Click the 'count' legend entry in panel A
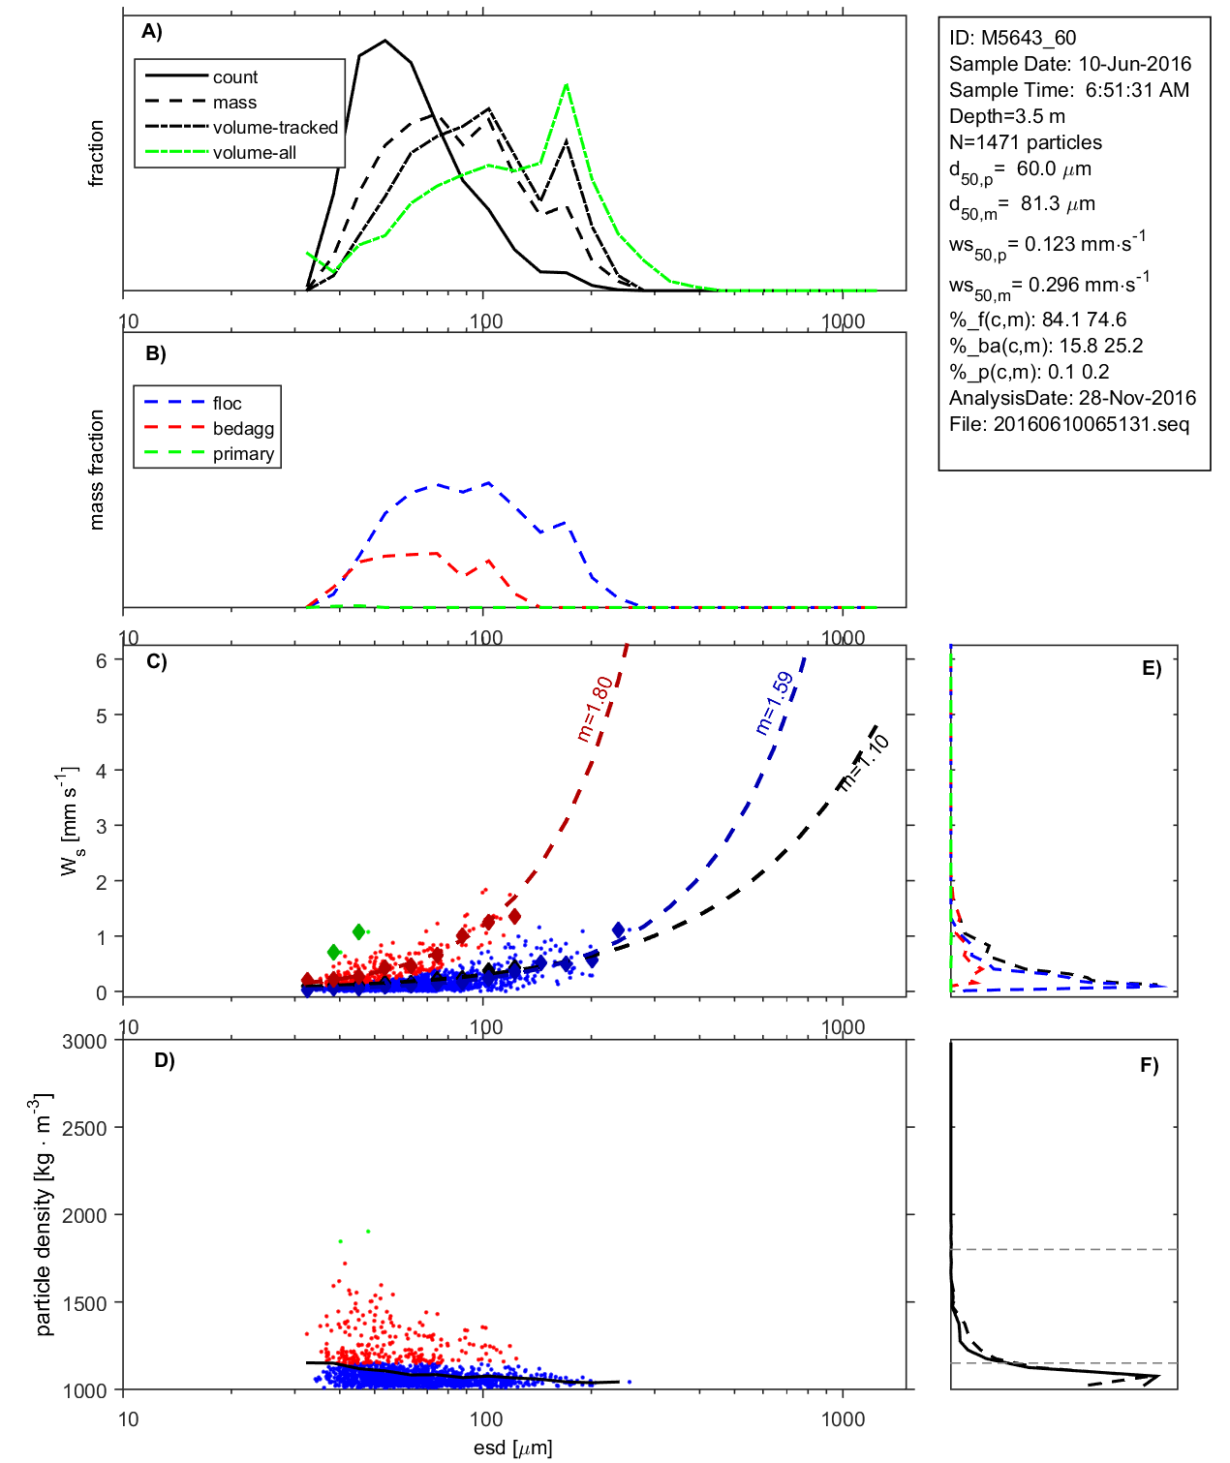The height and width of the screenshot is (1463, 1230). pos(235,76)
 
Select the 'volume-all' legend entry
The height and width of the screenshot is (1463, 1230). pos(254,152)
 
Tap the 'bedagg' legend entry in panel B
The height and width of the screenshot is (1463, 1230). pos(243,428)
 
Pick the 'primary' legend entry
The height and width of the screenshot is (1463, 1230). pos(243,453)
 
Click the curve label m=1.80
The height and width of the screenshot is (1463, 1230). pos(595,709)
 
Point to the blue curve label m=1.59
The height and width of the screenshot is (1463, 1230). pos(775,703)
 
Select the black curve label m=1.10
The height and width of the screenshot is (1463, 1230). pos(864,763)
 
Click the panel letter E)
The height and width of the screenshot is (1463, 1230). pos(1151,668)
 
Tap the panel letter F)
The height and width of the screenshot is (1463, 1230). pos(1149,1065)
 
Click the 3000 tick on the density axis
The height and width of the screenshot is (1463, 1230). pos(84,1042)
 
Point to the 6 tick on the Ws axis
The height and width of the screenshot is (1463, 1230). pos(101,660)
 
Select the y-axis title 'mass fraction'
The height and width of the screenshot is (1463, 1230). pos(96,470)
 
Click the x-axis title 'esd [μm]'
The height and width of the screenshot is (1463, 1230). pos(512,1448)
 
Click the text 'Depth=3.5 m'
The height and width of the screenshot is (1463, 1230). pos(1006,116)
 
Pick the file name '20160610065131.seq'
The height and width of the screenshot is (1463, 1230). pos(1091,424)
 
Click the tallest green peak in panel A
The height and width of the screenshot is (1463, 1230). pos(566,85)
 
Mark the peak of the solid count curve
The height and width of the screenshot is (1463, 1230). pos(385,41)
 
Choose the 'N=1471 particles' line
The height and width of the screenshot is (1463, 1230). pos(1025,142)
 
